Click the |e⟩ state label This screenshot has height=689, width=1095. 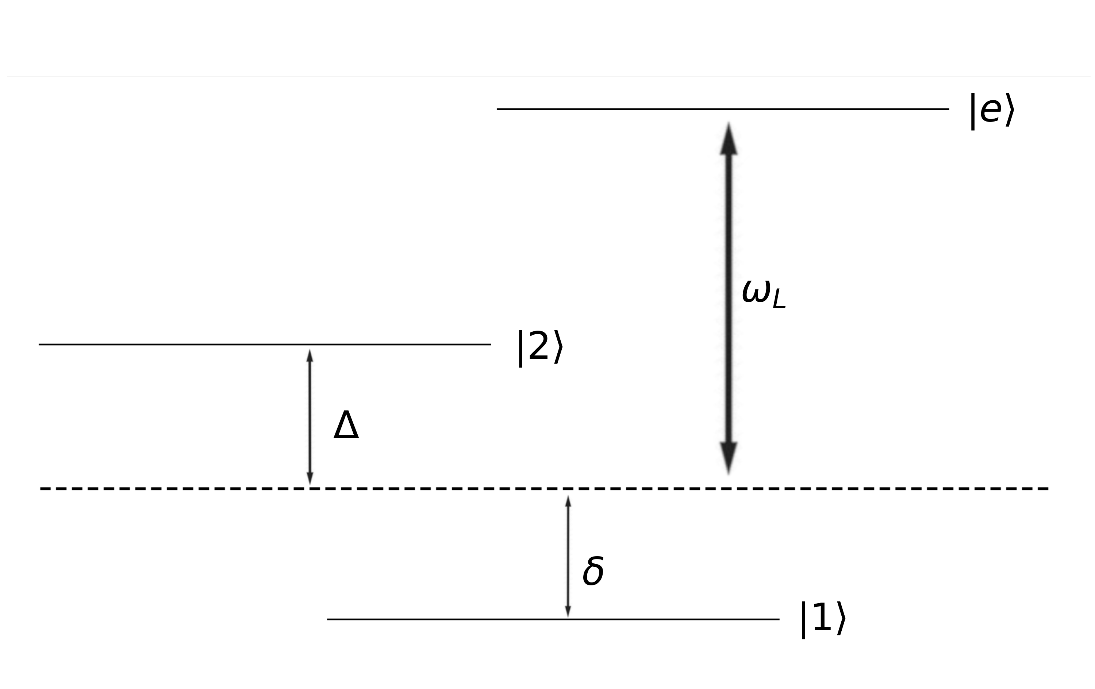[x=992, y=111]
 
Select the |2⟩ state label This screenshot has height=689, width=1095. [x=540, y=347]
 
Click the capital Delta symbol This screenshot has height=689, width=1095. [x=346, y=425]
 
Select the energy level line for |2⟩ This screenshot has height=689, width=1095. [x=182, y=344]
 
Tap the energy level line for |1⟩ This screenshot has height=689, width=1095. [x=455, y=619]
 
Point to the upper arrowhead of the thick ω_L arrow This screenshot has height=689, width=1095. [x=729, y=139]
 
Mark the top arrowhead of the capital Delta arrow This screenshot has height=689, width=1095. [x=310, y=356]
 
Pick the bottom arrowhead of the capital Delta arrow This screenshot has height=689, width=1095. [x=310, y=478]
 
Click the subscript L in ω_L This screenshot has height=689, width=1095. [x=779, y=301]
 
